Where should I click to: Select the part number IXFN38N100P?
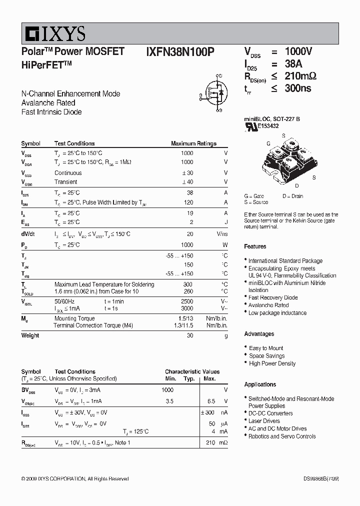pos(180,51)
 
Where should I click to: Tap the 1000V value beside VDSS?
pos(298,51)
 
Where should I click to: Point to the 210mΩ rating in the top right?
pos(300,76)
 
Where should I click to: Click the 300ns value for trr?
pos(298,88)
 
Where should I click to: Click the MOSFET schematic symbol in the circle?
pos(216,91)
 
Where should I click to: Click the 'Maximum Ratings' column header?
pos(193,143)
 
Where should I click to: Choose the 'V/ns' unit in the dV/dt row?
pos(222,234)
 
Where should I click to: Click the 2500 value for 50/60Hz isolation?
pos(186,301)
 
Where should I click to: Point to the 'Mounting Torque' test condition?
pos(74,318)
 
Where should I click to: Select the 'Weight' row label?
pos(30,335)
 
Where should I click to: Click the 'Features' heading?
pos(255,246)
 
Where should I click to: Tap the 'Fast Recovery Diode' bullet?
pos(273,297)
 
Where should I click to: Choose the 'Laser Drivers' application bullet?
pos(264,421)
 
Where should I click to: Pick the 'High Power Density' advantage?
pos(272,363)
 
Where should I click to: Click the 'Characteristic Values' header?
pos(192,371)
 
